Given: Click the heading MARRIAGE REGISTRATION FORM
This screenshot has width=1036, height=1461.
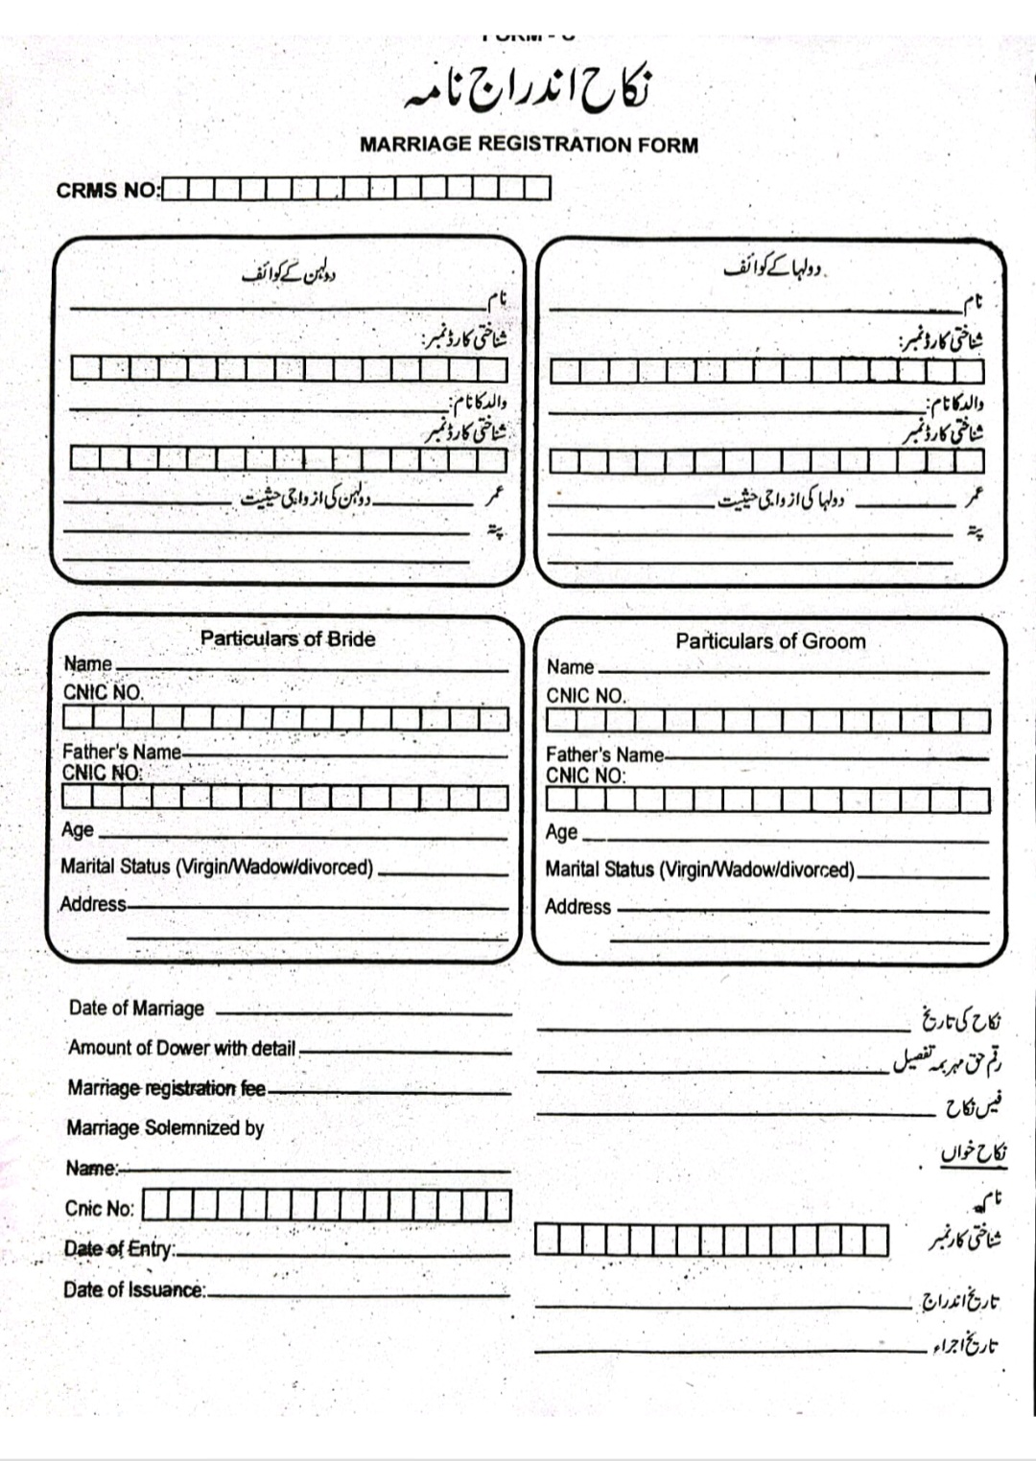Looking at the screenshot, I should pos(529,145).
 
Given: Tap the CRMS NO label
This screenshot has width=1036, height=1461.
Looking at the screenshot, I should pos(107,190).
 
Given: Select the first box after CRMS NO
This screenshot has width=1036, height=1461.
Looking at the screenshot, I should pos(175,189).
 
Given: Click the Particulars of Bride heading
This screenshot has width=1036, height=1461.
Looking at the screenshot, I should pos(288,638).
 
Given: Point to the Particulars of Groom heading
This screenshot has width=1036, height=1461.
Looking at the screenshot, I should pos(770,641).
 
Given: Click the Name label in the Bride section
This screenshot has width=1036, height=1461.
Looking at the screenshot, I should pos(88,663).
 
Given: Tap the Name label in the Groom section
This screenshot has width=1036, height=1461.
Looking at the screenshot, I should pos(571,666).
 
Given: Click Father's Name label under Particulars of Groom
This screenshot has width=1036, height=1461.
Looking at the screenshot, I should pos(605,754).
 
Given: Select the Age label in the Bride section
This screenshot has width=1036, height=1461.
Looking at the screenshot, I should pos(78,829).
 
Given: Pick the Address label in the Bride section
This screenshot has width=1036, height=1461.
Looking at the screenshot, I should pos(93,904).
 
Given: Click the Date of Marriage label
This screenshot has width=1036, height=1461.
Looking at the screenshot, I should pos(136,1008).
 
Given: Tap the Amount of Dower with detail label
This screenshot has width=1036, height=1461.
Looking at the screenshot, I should pos(181,1048).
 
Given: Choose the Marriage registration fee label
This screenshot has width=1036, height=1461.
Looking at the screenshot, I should pos(166,1088).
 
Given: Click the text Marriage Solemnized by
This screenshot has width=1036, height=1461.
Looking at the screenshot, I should pos(165,1127).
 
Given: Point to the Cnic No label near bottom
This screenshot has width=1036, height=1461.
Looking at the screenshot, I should pos(100,1208).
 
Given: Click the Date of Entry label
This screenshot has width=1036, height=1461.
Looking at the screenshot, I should pos(119,1248).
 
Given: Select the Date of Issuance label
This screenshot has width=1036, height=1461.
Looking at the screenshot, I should pos(134,1289).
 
